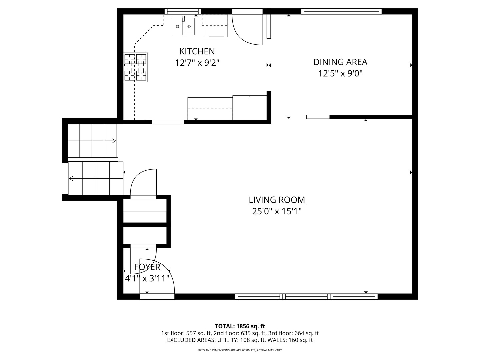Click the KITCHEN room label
coord(197,51)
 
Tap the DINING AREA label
coord(340,62)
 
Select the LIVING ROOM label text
coord(277,200)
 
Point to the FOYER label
coord(147,267)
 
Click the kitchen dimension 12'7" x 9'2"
coord(197,63)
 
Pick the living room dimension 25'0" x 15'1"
coord(277,211)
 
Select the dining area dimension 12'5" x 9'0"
coord(340,73)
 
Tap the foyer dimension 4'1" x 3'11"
coord(147,278)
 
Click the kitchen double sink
coord(183,26)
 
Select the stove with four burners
coord(136,67)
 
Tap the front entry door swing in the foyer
coord(157,277)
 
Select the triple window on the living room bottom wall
coord(306,296)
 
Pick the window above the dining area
coord(341,11)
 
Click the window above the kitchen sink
coord(183,11)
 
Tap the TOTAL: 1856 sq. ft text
coord(240,326)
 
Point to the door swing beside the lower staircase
coord(143,183)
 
